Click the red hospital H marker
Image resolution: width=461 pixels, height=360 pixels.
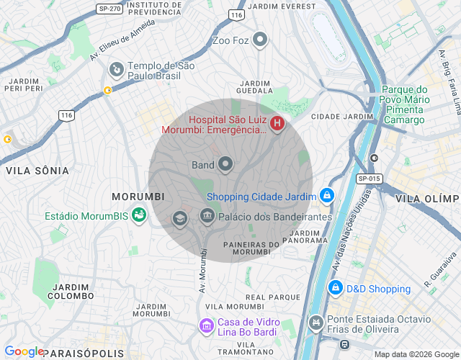(x=277, y=125)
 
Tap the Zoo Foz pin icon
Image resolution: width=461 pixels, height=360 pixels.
(x=261, y=40)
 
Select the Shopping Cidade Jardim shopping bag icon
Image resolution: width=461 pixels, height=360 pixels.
(x=327, y=195)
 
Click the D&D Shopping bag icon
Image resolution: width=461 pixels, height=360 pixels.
(x=335, y=288)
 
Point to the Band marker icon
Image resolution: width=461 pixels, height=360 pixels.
(x=225, y=165)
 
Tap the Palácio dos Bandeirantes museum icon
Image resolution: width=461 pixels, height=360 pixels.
(x=207, y=216)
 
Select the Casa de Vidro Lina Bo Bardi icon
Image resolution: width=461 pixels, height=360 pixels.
(x=207, y=327)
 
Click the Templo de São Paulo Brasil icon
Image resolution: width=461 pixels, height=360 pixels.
(x=116, y=69)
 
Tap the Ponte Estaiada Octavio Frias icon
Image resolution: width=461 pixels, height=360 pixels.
(x=315, y=323)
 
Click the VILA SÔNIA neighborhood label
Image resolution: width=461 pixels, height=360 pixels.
(x=37, y=171)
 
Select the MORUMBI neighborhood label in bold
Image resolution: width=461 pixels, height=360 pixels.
(x=138, y=197)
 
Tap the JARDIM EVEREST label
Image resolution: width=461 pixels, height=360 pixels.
(x=281, y=6)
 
